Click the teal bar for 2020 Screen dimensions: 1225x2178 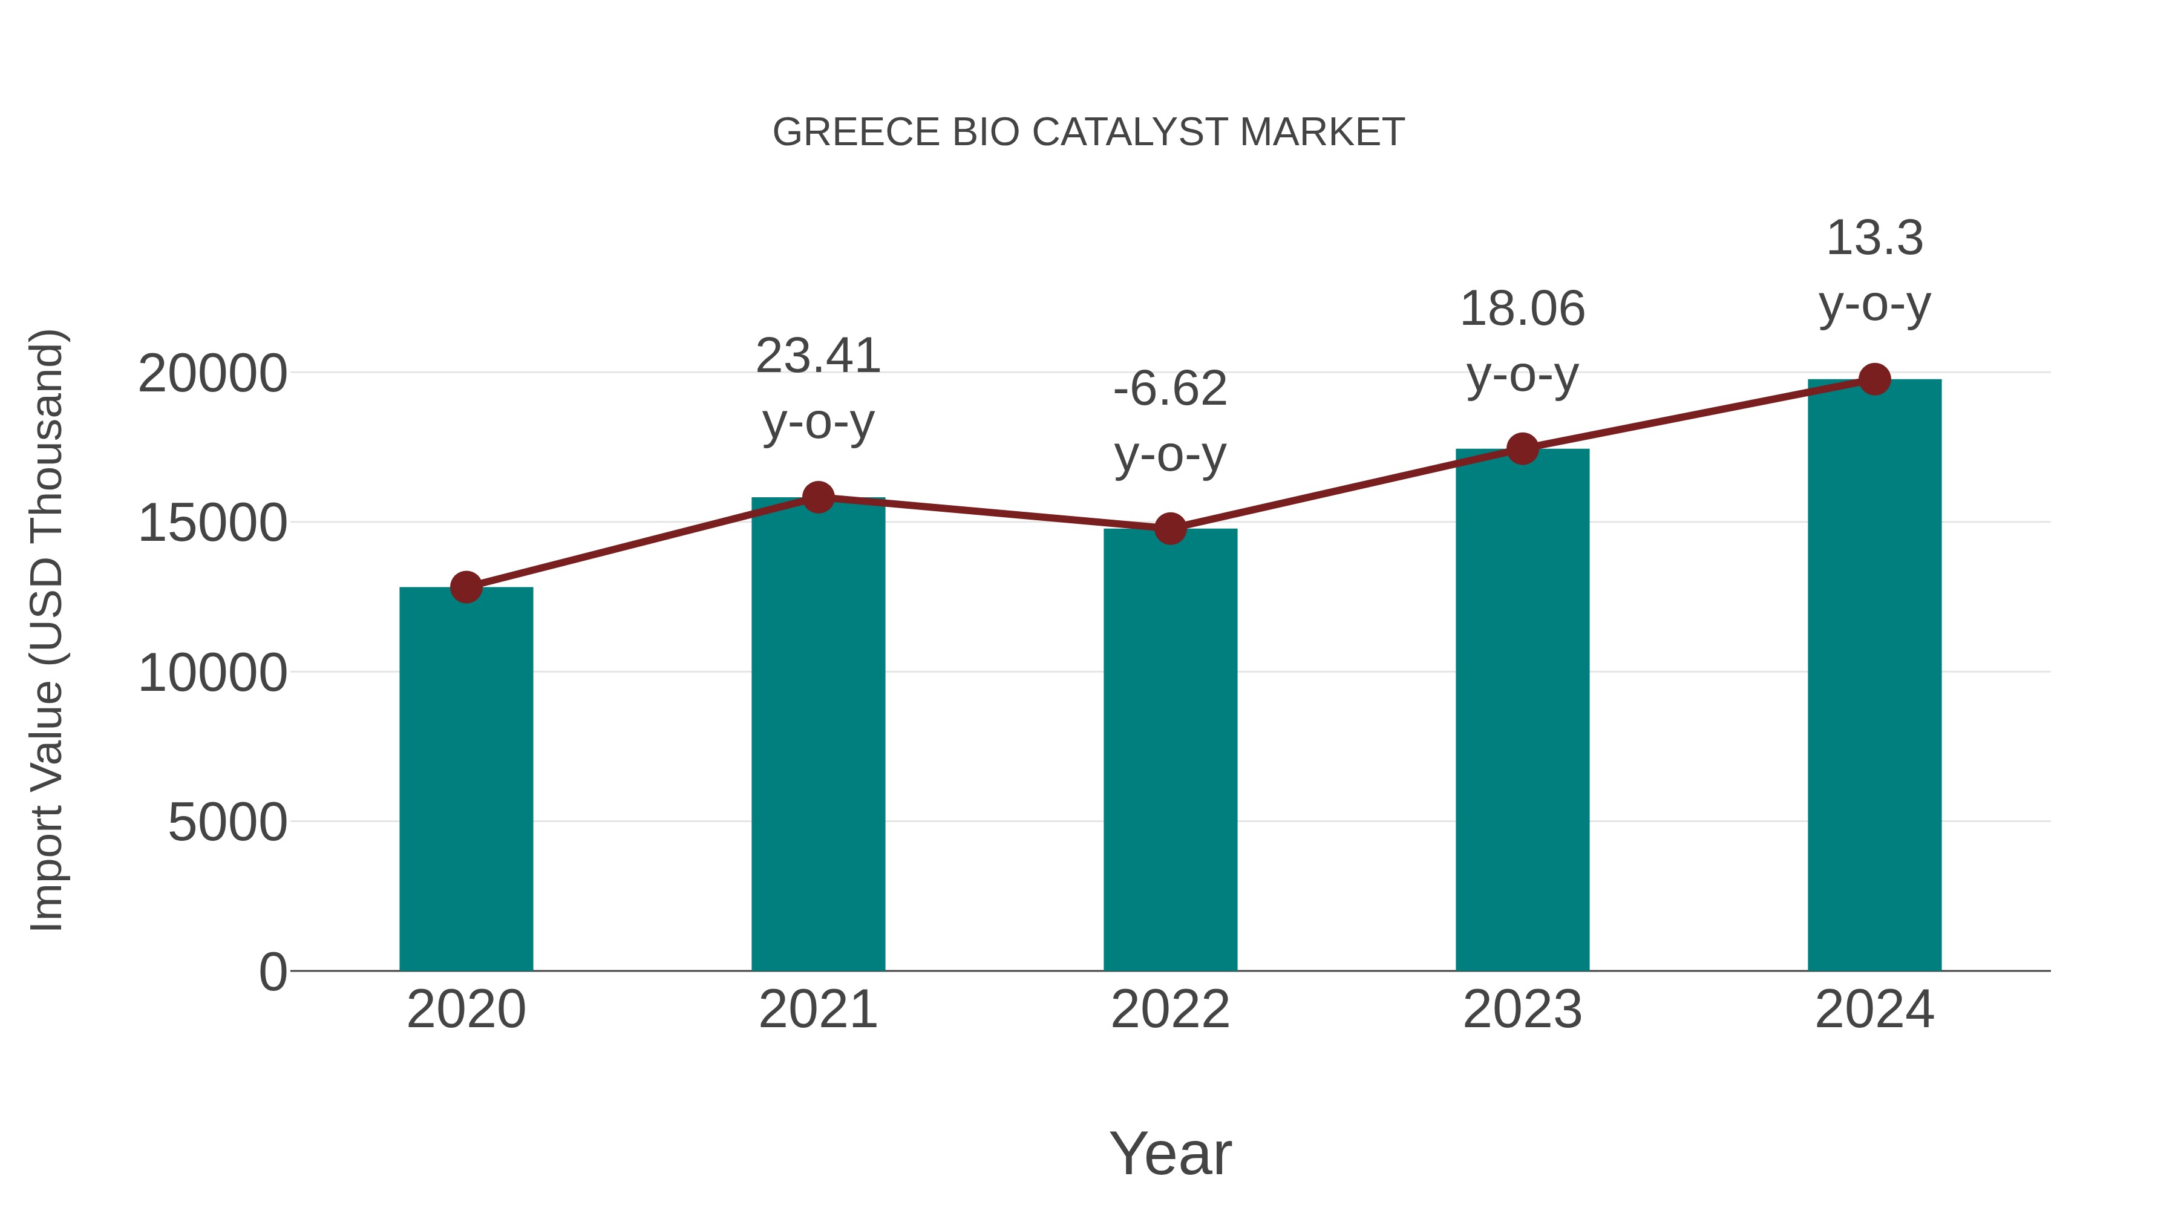tap(466, 778)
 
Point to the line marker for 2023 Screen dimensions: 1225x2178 tap(1523, 449)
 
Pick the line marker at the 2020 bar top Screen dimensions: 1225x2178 tap(466, 587)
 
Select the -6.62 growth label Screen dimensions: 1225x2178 tap(1170, 390)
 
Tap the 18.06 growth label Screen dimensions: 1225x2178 tap(1523, 309)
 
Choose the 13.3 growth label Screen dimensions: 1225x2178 tap(1874, 238)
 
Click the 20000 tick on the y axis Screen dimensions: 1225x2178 tap(212, 374)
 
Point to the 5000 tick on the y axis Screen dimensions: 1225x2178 tap(227, 823)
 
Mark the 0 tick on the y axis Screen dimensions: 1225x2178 tap(272, 972)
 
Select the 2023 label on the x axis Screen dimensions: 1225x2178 tap(1523, 1010)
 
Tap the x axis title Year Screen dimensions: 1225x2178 tap(1170, 1154)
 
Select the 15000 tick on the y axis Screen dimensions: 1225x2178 tap(212, 523)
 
